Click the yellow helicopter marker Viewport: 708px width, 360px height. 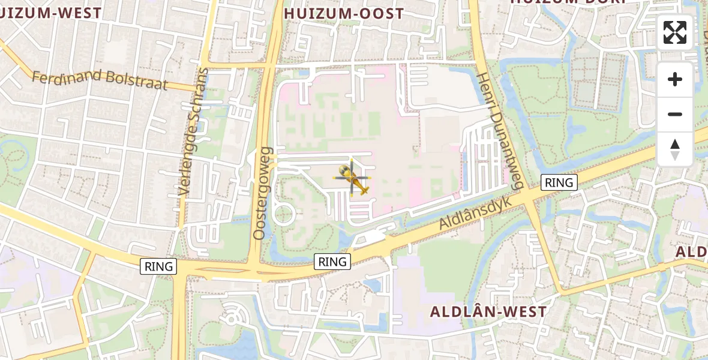353,178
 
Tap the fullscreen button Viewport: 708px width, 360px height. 675,32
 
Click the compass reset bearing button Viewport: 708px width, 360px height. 675,149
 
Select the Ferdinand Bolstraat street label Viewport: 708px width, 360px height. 100,80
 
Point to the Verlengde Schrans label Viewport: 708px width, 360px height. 194,132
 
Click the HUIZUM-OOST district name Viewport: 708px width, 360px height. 344,14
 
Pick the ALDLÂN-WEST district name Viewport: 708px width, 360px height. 488,312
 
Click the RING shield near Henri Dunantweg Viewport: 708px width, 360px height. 559,182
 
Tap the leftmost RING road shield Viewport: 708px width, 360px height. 158,266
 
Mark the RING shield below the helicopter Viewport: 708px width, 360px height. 332,262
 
